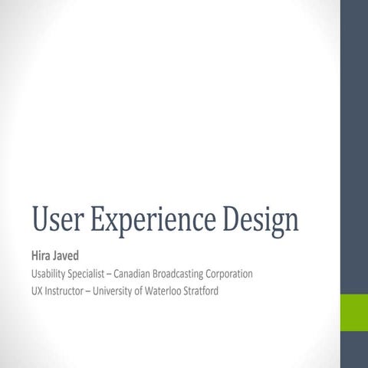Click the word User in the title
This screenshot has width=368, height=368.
tap(57, 220)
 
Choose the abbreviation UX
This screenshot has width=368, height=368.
tap(37, 291)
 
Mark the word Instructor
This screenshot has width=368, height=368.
tap(65, 291)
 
